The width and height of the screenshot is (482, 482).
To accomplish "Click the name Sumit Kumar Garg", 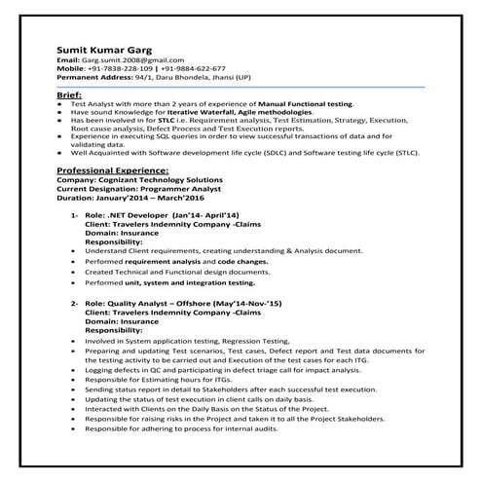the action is [98, 46].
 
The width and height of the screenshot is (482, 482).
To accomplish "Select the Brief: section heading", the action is [69, 93].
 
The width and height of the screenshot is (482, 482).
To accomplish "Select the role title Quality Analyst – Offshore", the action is [158, 305].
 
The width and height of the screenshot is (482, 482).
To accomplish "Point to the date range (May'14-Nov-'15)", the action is [241, 305].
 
